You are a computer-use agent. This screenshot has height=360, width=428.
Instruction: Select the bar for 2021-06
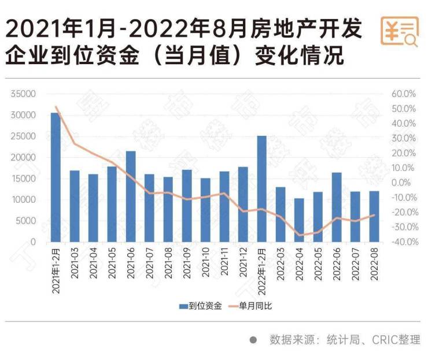(x=131, y=196)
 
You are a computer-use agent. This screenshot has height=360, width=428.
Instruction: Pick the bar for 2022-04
(x=299, y=220)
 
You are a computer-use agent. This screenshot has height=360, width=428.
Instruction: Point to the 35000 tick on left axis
(x=25, y=94)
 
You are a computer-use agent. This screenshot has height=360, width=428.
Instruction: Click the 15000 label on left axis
(x=25, y=179)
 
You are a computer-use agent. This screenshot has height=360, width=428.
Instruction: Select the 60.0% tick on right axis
(x=404, y=94)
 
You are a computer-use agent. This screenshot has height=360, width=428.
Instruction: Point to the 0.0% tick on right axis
(x=404, y=183)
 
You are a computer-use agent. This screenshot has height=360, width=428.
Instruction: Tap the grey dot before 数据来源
(x=253, y=340)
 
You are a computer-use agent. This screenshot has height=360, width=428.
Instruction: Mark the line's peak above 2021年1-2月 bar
(x=56, y=107)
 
